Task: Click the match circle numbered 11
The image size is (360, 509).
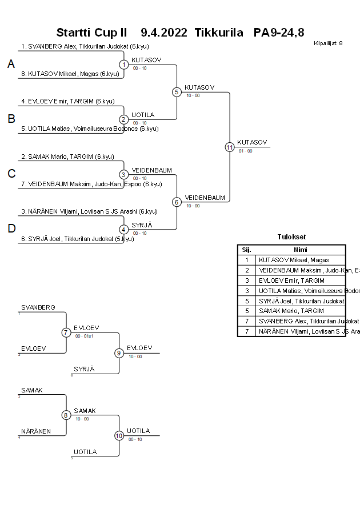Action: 230,147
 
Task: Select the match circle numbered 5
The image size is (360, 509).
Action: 177,92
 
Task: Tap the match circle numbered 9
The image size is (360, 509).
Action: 119,353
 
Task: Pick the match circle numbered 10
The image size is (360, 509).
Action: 119,436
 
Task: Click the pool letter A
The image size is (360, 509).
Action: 11,65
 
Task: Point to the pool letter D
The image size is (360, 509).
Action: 11,229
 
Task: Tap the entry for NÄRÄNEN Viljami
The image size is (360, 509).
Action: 89,211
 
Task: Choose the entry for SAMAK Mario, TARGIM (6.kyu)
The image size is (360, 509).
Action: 67,157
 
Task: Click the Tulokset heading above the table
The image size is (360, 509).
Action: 291,237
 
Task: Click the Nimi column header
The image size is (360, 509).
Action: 301,250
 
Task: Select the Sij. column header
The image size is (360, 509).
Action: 247,250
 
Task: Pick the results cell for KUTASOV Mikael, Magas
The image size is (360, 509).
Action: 294,260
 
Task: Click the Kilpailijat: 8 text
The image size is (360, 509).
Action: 328,43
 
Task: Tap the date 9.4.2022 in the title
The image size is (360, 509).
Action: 163,32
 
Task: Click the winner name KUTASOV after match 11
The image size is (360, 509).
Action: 251,142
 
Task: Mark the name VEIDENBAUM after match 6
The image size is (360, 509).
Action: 205,198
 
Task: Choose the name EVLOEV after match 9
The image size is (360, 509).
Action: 139,348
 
